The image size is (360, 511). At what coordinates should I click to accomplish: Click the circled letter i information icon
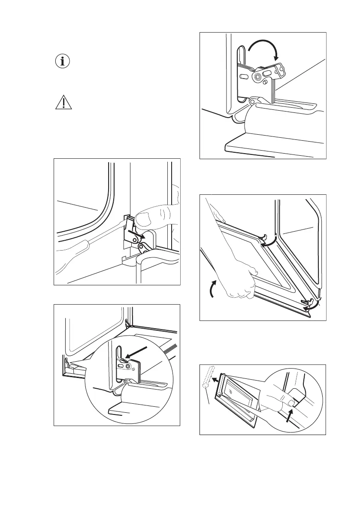tap(63, 61)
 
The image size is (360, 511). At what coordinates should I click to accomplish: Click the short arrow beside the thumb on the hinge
tap(139, 235)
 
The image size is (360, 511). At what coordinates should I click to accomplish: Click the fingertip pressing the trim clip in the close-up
tap(291, 403)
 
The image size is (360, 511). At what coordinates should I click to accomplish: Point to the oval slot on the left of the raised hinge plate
tap(243, 76)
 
